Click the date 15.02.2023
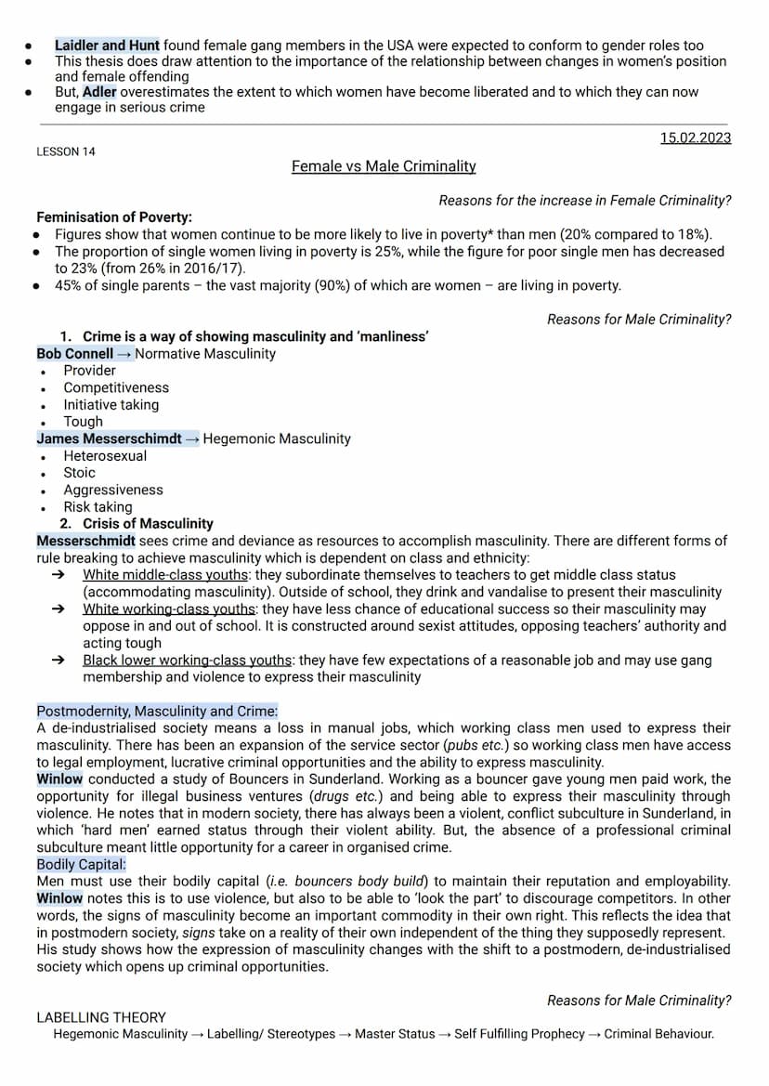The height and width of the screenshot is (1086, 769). (x=696, y=138)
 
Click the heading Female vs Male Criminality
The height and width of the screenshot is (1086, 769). (x=384, y=166)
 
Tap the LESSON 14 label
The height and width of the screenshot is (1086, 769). (x=66, y=151)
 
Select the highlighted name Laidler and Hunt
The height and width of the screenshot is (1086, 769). (x=107, y=45)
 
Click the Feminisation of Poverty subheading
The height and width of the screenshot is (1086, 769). (x=114, y=216)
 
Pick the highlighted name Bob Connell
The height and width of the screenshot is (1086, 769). (x=75, y=353)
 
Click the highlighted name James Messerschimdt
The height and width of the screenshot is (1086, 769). (x=110, y=438)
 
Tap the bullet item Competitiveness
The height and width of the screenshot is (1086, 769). (x=116, y=387)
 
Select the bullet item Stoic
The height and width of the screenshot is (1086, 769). (x=79, y=472)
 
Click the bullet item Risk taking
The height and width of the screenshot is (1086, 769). (x=98, y=507)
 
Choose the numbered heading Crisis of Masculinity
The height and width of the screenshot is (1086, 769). (x=148, y=524)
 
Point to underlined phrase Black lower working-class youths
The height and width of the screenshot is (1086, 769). (x=187, y=661)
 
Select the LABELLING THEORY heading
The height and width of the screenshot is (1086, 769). (x=101, y=1017)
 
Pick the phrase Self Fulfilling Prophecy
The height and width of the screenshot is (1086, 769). (x=519, y=1034)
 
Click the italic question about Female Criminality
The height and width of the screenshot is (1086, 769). (x=584, y=201)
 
